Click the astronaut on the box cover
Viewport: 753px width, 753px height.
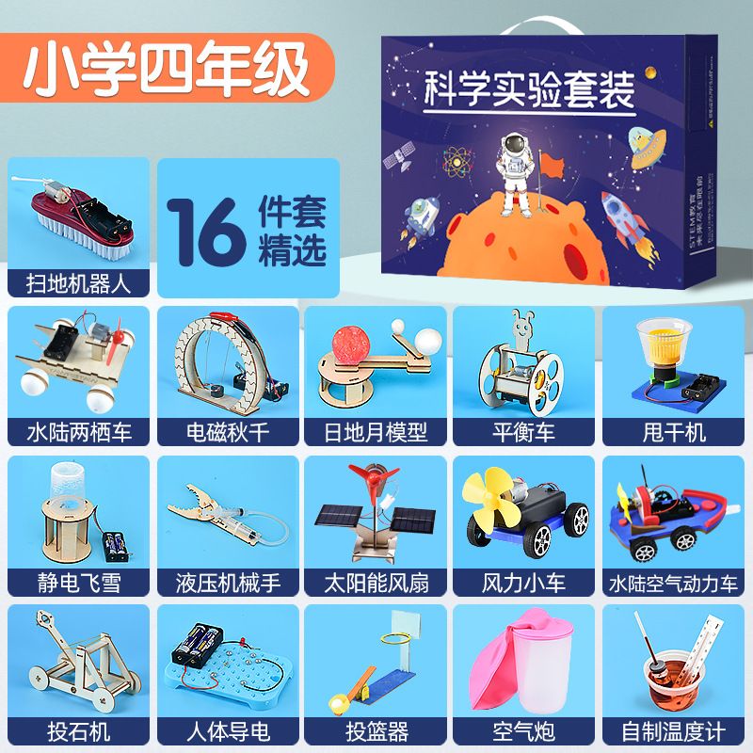pos(515,174)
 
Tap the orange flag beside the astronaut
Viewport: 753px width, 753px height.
pos(552,166)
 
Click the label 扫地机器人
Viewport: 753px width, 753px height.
pos(78,283)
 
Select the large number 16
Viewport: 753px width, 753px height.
pos(207,232)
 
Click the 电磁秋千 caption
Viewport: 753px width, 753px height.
pos(228,432)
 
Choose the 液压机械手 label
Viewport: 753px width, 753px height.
pos(228,583)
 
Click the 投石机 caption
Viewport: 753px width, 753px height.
pos(78,732)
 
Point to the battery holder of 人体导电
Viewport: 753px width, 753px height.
pos(198,645)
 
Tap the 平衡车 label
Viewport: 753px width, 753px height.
pos(523,432)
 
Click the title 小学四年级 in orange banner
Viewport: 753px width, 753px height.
pos(166,69)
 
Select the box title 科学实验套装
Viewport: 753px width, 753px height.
pos(529,89)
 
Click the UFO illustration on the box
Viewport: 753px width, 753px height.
pos(648,148)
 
